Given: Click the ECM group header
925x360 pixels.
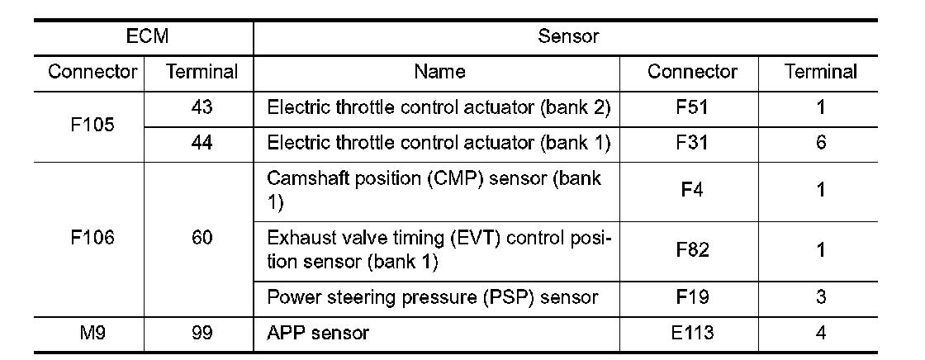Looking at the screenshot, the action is [143, 36].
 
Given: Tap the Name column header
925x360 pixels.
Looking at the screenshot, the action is [439, 72].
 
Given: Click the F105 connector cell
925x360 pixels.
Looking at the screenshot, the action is [92, 126].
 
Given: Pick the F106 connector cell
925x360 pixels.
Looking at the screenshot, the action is [92, 238].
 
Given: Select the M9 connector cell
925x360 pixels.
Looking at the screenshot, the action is [92, 333].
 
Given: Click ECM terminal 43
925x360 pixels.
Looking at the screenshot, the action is [202, 107].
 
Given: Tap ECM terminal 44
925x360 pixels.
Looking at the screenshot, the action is [202, 143].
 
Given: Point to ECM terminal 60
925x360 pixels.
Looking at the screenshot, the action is [202, 238].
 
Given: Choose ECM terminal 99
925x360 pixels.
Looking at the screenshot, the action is [202, 333].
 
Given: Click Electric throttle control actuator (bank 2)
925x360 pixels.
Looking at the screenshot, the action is [439, 107].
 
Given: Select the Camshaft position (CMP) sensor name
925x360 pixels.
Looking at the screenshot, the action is [434, 190].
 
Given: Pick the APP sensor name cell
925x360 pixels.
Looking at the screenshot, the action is [319, 333].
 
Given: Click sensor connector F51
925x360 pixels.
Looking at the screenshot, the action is [692, 107].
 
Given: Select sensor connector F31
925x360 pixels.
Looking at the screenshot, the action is [692, 143].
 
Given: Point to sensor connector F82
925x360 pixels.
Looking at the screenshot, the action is [692, 249].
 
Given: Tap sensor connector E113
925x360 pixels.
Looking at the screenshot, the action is [692, 333].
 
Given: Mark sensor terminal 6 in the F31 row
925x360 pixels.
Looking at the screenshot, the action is [821, 143].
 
